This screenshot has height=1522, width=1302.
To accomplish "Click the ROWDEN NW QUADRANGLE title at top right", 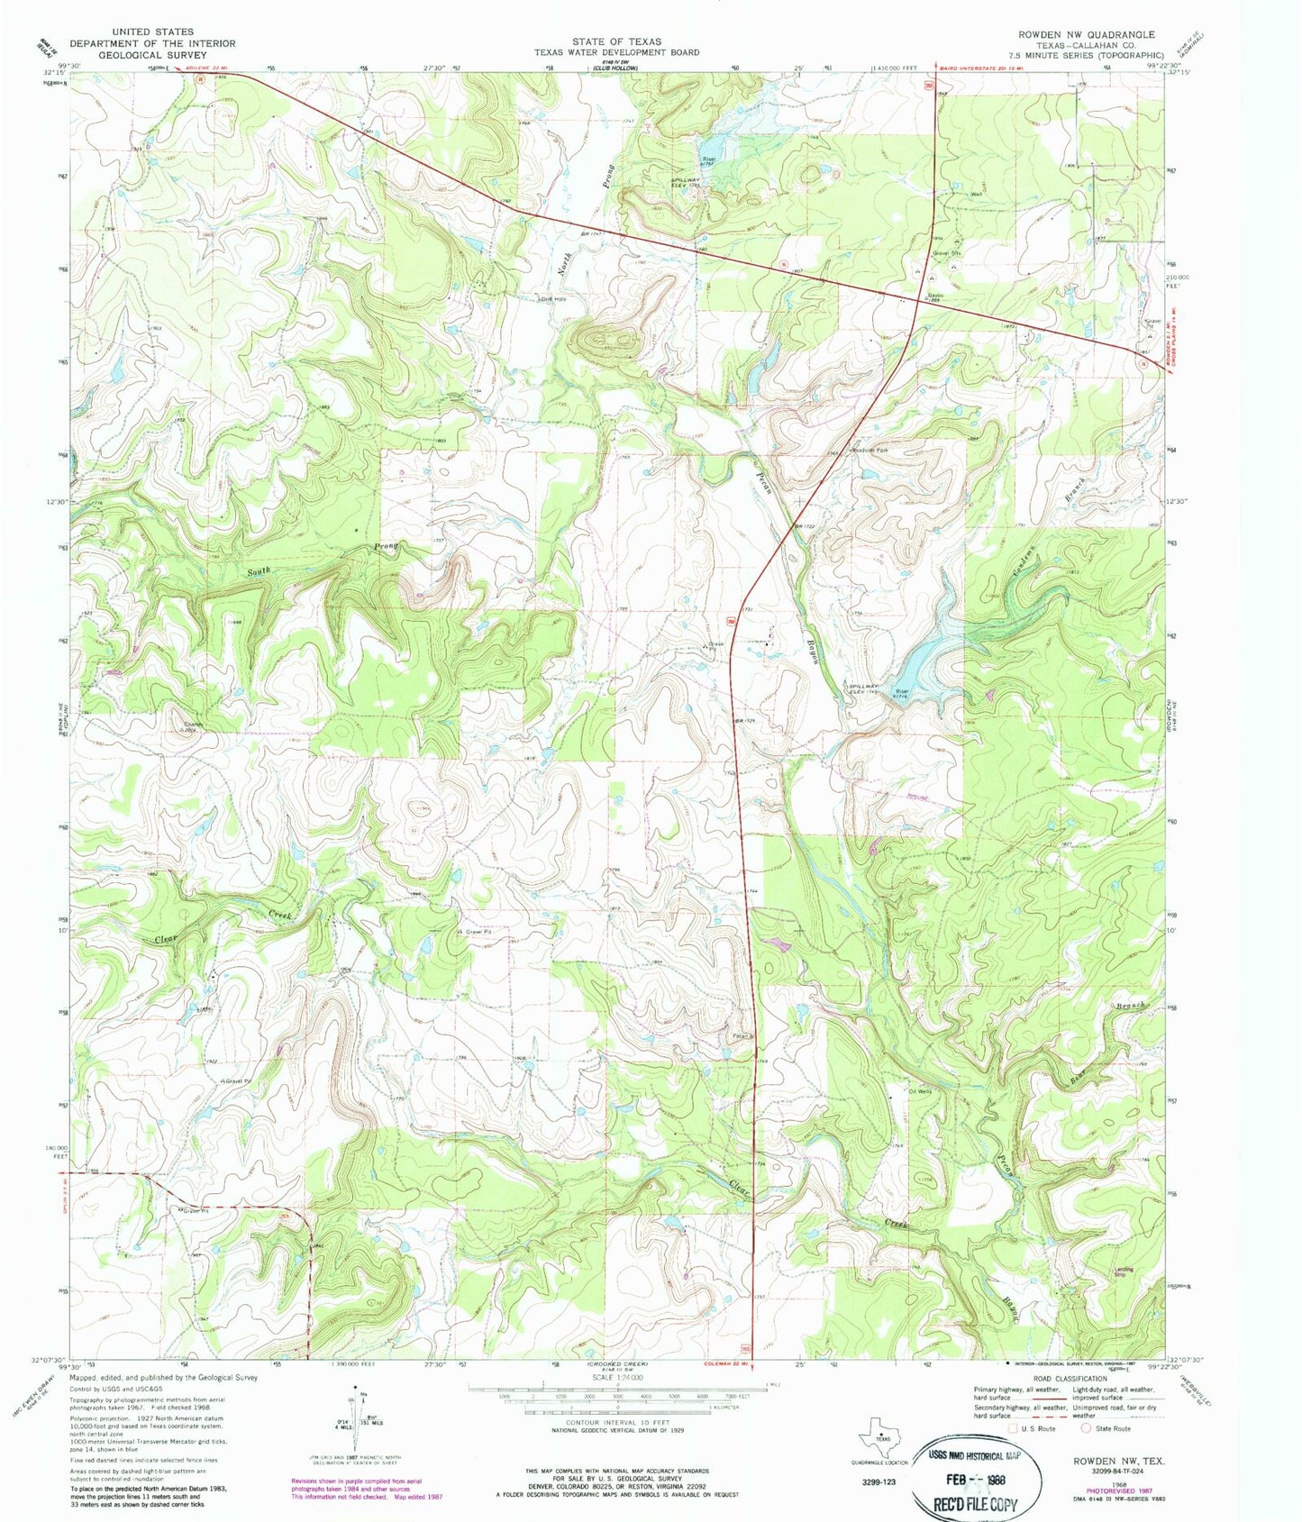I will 1086,34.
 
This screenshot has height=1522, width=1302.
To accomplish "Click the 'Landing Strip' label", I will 1122,1272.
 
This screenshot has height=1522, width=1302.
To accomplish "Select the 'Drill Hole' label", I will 552,298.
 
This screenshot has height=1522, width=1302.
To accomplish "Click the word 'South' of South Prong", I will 260,571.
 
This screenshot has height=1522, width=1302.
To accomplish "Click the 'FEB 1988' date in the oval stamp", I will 976,1480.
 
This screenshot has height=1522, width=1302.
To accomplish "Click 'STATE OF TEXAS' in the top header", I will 616,41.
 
